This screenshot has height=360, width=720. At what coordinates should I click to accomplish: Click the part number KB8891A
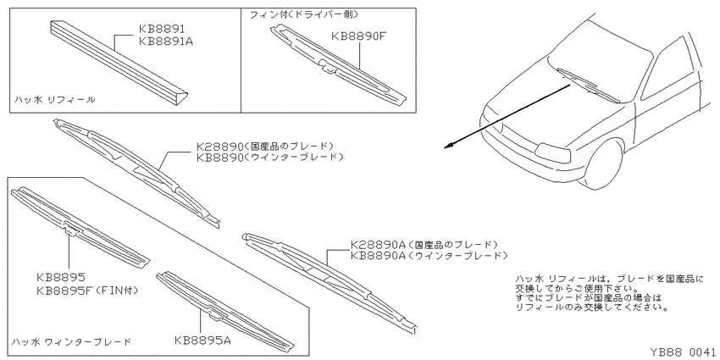166,42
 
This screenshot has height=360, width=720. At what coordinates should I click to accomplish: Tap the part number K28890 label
219,147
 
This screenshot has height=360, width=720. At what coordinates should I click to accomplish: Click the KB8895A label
202,341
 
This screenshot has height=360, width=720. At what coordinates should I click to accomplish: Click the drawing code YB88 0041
684,352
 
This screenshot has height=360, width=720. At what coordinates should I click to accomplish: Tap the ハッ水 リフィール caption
54,100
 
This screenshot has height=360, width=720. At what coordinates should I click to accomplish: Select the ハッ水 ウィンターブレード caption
72,341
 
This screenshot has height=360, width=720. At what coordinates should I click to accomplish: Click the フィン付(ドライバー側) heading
303,14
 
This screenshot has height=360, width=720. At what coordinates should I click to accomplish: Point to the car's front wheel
601,162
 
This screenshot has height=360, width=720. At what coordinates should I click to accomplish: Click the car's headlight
553,152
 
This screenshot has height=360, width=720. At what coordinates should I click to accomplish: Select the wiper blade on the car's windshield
588,85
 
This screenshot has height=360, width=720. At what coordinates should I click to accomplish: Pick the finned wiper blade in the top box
339,64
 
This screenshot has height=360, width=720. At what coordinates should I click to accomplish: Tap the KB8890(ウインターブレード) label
270,157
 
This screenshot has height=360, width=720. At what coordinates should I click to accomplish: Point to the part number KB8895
61,279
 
